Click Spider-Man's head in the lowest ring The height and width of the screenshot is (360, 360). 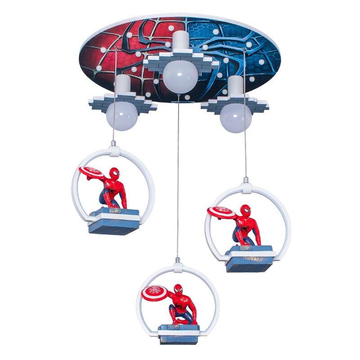(x=179, y=290)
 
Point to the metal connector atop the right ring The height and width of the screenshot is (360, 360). (x=246, y=183)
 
